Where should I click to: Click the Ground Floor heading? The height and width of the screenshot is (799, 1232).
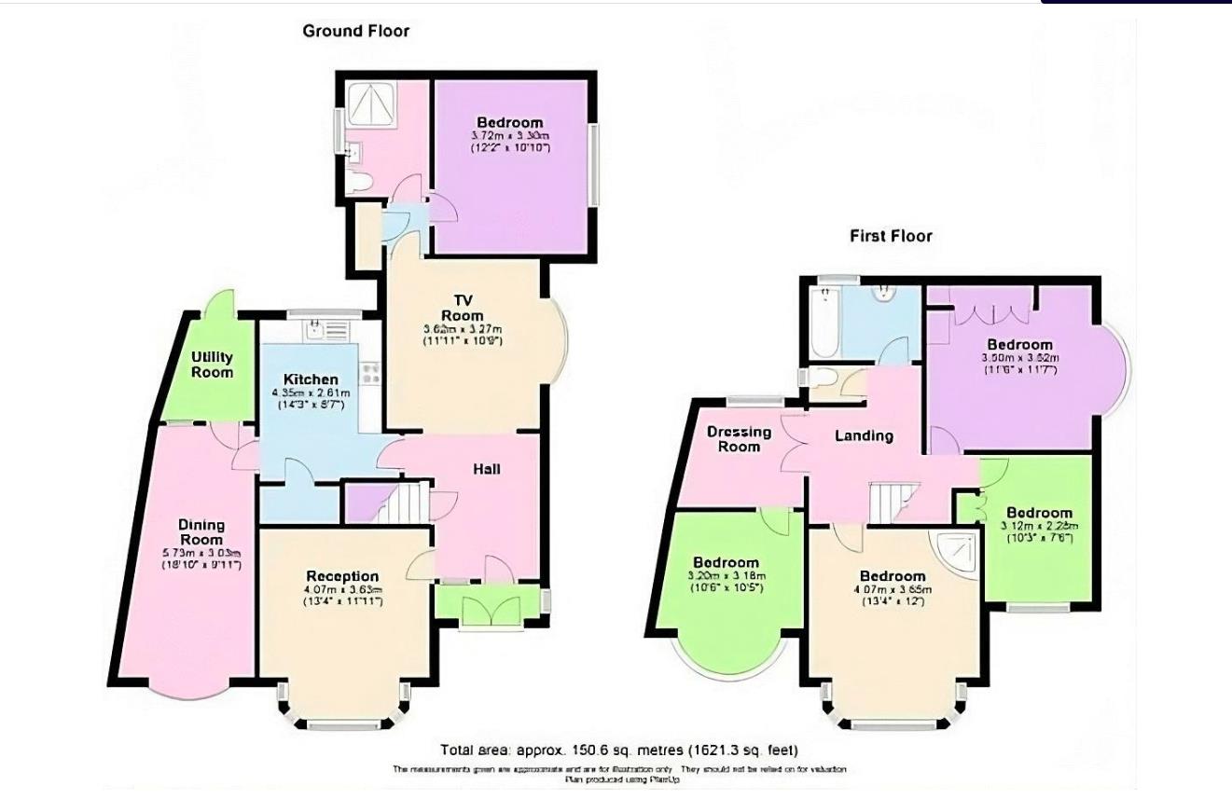(x=355, y=31)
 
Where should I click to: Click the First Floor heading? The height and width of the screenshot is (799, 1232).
(x=891, y=236)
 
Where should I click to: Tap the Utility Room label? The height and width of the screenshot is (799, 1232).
(x=213, y=365)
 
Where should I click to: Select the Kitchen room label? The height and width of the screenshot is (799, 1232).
(x=311, y=379)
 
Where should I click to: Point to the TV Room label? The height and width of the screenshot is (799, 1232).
(x=463, y=308)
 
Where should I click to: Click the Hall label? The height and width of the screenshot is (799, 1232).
(x=487, y=469)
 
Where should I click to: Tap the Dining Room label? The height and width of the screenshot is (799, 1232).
(x=201, y=532)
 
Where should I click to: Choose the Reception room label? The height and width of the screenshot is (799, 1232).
(x=342, y=576)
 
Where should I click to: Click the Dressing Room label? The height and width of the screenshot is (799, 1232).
(x=739, y=439)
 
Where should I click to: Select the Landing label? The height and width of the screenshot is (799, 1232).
(x=864, y=435)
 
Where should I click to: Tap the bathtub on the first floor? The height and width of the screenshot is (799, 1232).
(x=824, y=323)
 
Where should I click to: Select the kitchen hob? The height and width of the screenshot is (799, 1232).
(x=370, y=373)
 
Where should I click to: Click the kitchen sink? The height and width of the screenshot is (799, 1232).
(x=315, y=328)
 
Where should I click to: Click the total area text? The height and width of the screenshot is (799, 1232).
(x=619, y=750)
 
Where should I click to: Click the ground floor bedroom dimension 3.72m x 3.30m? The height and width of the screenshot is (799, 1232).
(x=509, y=136)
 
